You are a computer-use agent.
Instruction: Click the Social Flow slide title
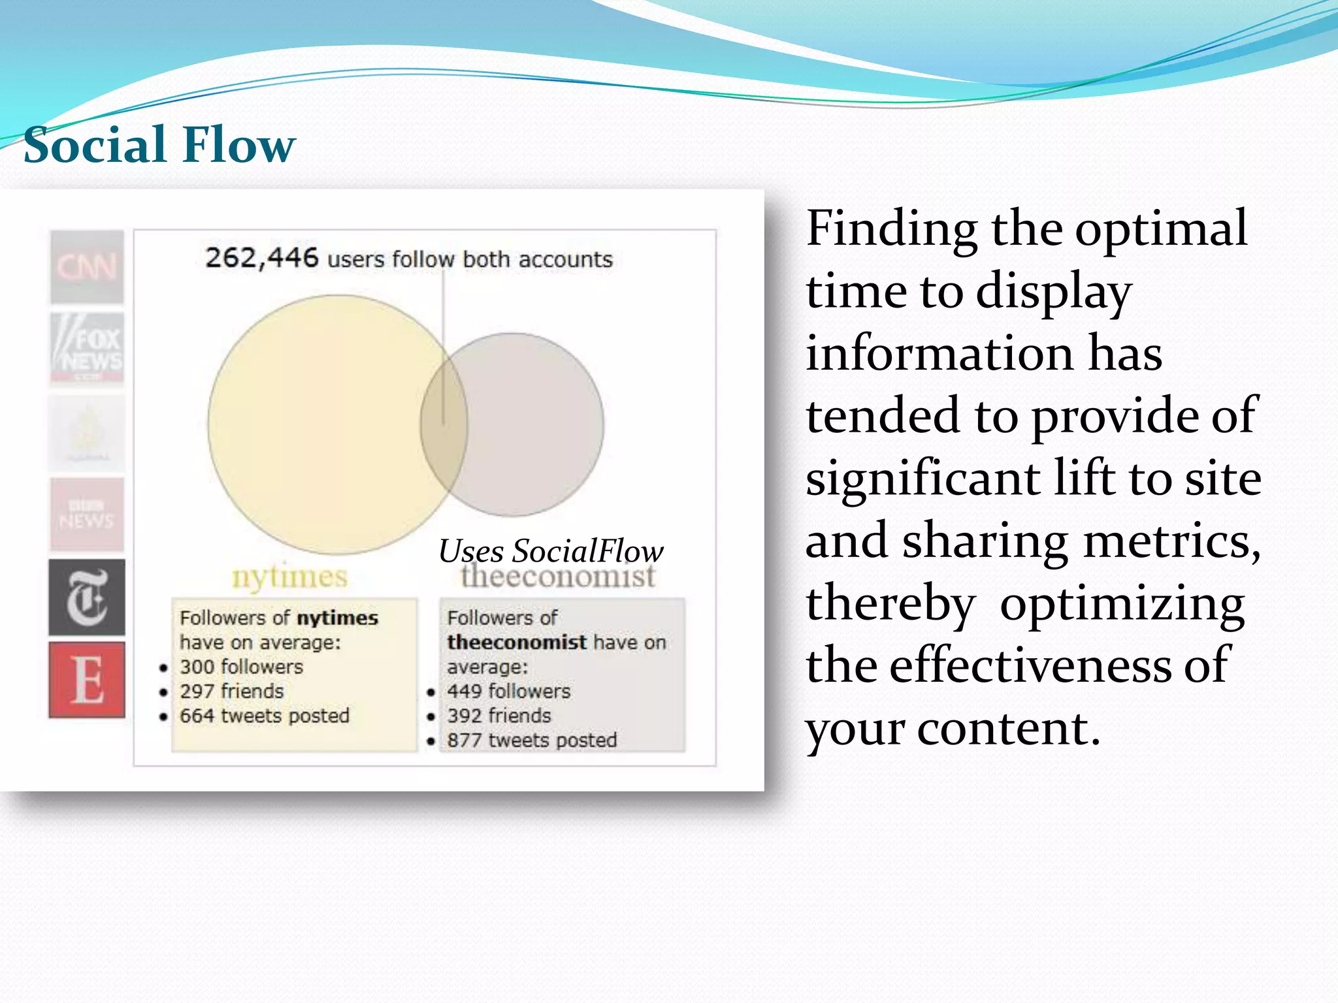[159, 144]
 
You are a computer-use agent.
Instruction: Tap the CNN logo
[87, 267]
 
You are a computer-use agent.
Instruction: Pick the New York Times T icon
[87, 597]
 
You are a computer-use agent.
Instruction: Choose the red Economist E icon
[87, 680]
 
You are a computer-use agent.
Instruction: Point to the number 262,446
[261, 258]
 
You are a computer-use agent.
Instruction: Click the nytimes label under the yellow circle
[289, 577]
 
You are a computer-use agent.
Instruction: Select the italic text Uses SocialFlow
[551, 550]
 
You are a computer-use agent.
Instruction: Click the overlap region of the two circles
[444, 424]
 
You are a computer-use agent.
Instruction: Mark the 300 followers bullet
[241, 667]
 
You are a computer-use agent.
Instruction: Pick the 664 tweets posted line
[264, 716]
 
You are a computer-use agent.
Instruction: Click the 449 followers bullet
[508, 691]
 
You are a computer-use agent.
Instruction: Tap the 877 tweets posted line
[532, 740]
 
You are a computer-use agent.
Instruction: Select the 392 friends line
[499, 716]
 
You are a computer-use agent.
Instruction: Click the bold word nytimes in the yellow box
[337, 618]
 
